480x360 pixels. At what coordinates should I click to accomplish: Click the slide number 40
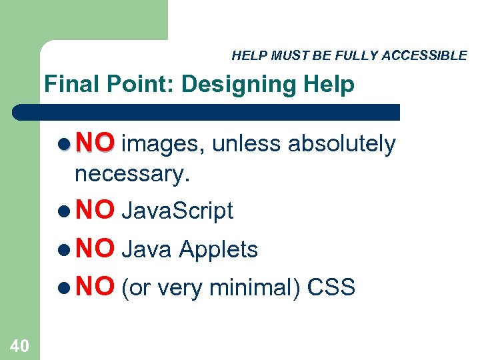pos(19,345)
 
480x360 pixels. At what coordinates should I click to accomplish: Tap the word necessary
pos(133,174)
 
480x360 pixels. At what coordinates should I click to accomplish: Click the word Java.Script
pos(178,211)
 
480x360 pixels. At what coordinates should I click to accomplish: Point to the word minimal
pos(257,287)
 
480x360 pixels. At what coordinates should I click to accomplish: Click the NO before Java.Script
pos(95,211)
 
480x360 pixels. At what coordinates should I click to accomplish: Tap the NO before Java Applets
pos(95,249)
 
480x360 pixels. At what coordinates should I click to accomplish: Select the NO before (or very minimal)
pos(95,287)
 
